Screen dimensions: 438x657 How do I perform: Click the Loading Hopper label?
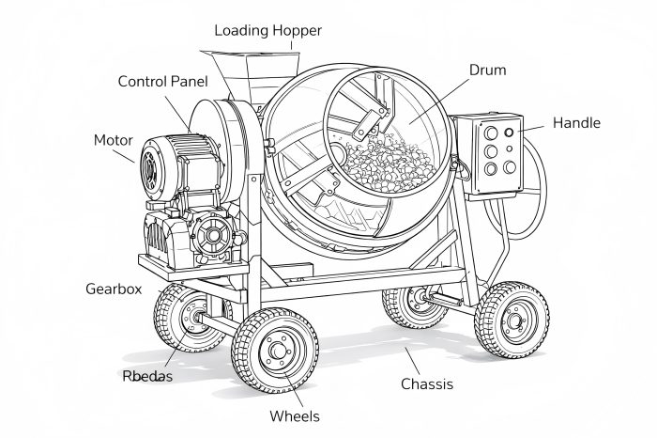pos(267,30)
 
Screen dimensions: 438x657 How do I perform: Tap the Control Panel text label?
pos(169,81)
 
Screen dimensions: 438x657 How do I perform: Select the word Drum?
pos(486,70)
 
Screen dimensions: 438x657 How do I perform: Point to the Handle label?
pos(576,123)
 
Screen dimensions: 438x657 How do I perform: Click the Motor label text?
pos(113,140)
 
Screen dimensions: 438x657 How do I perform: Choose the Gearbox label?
pos(114,289)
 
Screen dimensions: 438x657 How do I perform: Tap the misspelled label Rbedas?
pos(147,376)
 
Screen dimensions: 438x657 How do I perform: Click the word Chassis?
pos(427,383)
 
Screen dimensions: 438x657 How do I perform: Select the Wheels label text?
pos(295,415)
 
